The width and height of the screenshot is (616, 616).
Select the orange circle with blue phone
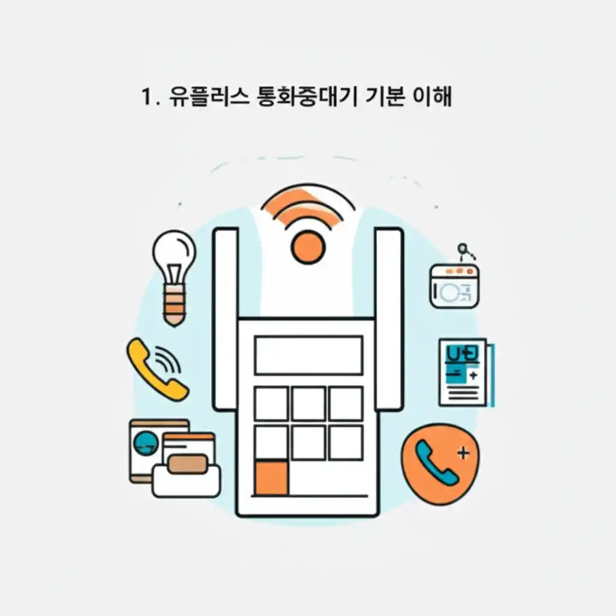click(440, 464)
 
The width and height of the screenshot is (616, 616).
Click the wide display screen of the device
click(309, 356)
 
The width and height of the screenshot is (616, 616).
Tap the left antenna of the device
click(226, 319)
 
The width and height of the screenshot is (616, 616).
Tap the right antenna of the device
click(389, 319)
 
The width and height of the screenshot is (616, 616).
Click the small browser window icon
click(454, 286)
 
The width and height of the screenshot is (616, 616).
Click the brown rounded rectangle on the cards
click(188, 464)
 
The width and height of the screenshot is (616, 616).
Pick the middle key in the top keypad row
click(309, 404)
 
